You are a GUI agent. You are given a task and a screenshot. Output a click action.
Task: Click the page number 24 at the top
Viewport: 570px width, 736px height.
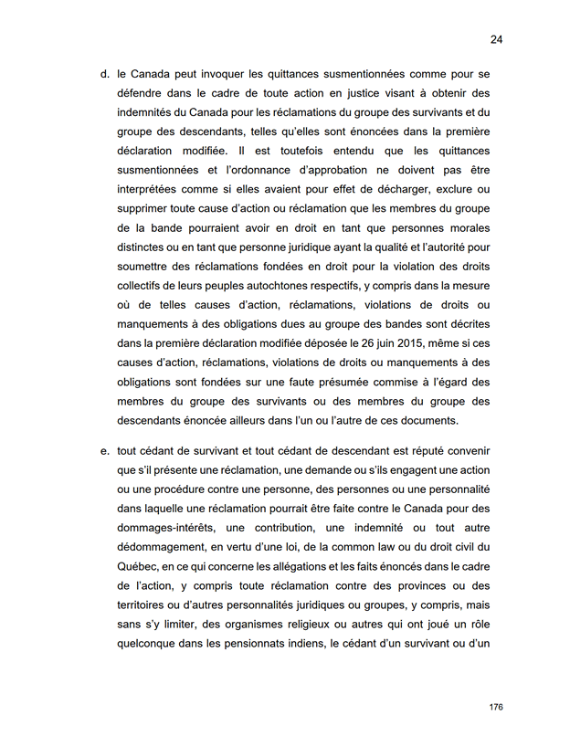[496, 39]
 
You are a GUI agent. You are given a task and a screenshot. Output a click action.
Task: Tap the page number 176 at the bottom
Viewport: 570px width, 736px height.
[496, 707]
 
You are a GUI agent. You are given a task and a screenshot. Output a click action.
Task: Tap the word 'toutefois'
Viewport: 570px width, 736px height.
[295, 150]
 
